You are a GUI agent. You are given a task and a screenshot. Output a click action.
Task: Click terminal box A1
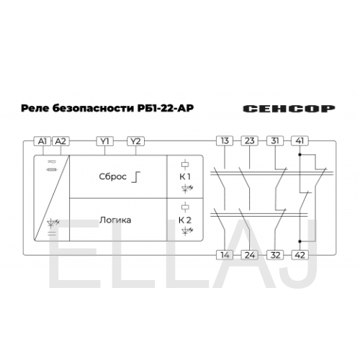(42, 141)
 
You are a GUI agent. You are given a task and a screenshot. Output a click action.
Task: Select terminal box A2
(60, 141)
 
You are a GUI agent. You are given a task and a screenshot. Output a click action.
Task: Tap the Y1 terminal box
(105, 141)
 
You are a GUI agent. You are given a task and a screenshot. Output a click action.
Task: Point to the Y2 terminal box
(135, 141)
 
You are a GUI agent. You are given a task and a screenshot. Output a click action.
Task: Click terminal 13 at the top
(225, 141)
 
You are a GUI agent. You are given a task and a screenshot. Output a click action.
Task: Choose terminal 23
(250, 141)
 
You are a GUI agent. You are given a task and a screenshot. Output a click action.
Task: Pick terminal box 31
(275, 141)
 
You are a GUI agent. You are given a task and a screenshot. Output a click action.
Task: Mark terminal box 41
(300, 141)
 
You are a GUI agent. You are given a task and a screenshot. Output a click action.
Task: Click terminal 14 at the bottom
(225, 255)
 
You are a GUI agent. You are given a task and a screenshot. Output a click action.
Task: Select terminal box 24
(250, 255)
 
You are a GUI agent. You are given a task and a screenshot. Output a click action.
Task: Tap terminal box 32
(275, 255)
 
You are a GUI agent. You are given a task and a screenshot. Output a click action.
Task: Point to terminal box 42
(300, 255)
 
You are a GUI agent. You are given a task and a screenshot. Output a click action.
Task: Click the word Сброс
(112, 176)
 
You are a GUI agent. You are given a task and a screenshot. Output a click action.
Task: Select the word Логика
(115, 220)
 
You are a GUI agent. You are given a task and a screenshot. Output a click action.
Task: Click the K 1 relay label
(185, 176)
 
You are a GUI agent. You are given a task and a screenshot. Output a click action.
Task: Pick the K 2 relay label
(185, 220)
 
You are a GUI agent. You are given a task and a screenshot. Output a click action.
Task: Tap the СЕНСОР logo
(289, 109)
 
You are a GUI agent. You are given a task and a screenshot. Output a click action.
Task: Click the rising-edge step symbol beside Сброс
(136, 177)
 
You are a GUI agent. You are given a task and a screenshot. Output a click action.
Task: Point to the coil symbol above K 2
(185, 207)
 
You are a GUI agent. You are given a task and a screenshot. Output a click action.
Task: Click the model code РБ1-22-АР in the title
(166, 108)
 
